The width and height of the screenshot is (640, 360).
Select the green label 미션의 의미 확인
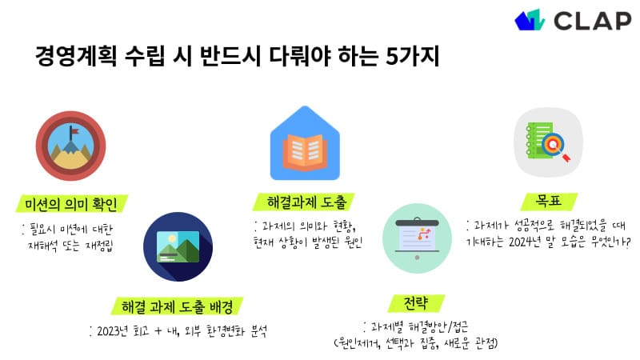[71, 204]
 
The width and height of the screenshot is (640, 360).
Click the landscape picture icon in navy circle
[178, 246]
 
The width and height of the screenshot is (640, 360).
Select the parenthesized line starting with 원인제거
[416, 345]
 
